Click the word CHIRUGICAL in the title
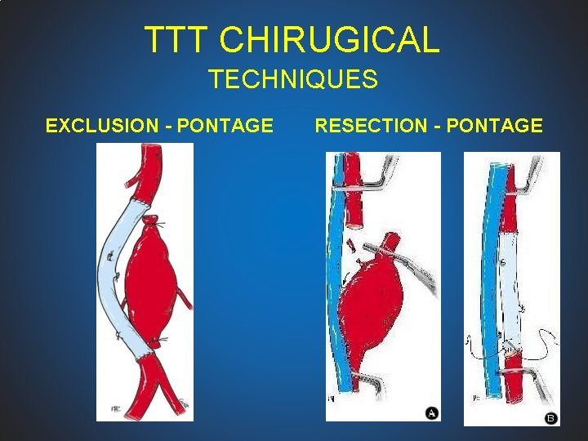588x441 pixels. click(x=330, y=39)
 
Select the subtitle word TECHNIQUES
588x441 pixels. click(x=292, y=79)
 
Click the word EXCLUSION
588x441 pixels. click(x=105, y=126)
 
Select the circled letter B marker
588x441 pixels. click(x=550, y=418)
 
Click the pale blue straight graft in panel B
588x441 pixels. click(x=510, y=286)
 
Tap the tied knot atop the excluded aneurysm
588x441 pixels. click(x=150, y=220)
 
